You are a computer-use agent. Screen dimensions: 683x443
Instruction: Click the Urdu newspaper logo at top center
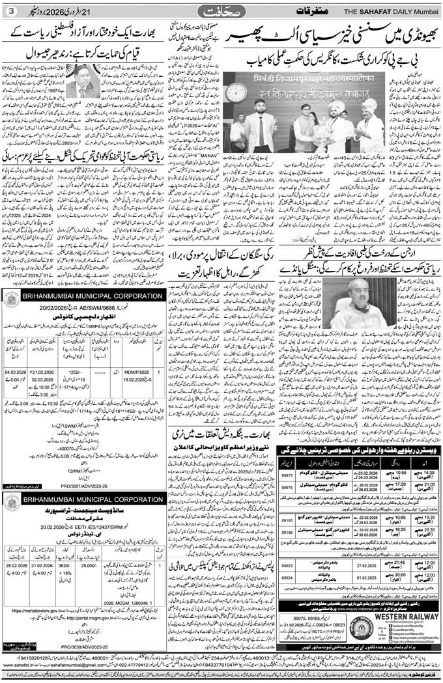[x=221, y=10]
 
